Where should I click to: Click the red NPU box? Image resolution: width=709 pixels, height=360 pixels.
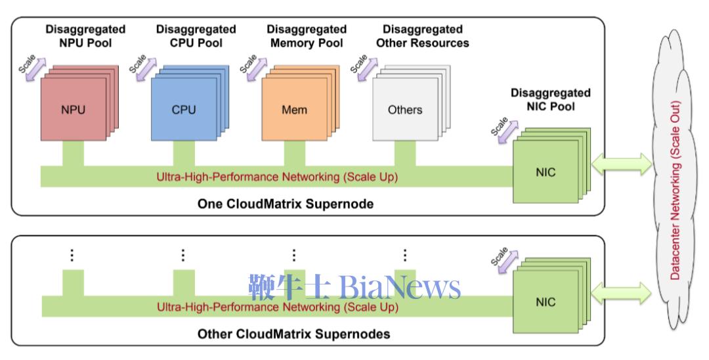73,110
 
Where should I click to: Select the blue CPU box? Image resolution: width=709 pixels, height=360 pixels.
184,110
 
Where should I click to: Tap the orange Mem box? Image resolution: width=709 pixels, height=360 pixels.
294,110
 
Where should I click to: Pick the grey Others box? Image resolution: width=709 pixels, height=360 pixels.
404,110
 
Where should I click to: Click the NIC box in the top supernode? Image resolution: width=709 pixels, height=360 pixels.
545,172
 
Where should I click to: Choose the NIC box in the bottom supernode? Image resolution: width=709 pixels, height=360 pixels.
545,302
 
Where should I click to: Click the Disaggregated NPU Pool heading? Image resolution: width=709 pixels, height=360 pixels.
85,36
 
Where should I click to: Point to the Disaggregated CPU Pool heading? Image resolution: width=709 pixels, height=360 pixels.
196,36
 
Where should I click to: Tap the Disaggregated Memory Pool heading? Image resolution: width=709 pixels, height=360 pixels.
307,36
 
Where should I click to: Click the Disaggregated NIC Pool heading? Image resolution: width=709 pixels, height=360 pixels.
550,99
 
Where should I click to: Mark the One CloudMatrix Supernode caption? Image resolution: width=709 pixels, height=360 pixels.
286,204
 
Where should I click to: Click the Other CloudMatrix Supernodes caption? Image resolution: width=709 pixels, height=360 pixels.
293,334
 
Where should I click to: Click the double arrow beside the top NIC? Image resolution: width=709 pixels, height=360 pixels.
621,165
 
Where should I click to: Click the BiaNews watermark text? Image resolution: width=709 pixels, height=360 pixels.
354,288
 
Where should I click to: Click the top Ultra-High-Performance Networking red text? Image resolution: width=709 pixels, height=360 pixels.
277,177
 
